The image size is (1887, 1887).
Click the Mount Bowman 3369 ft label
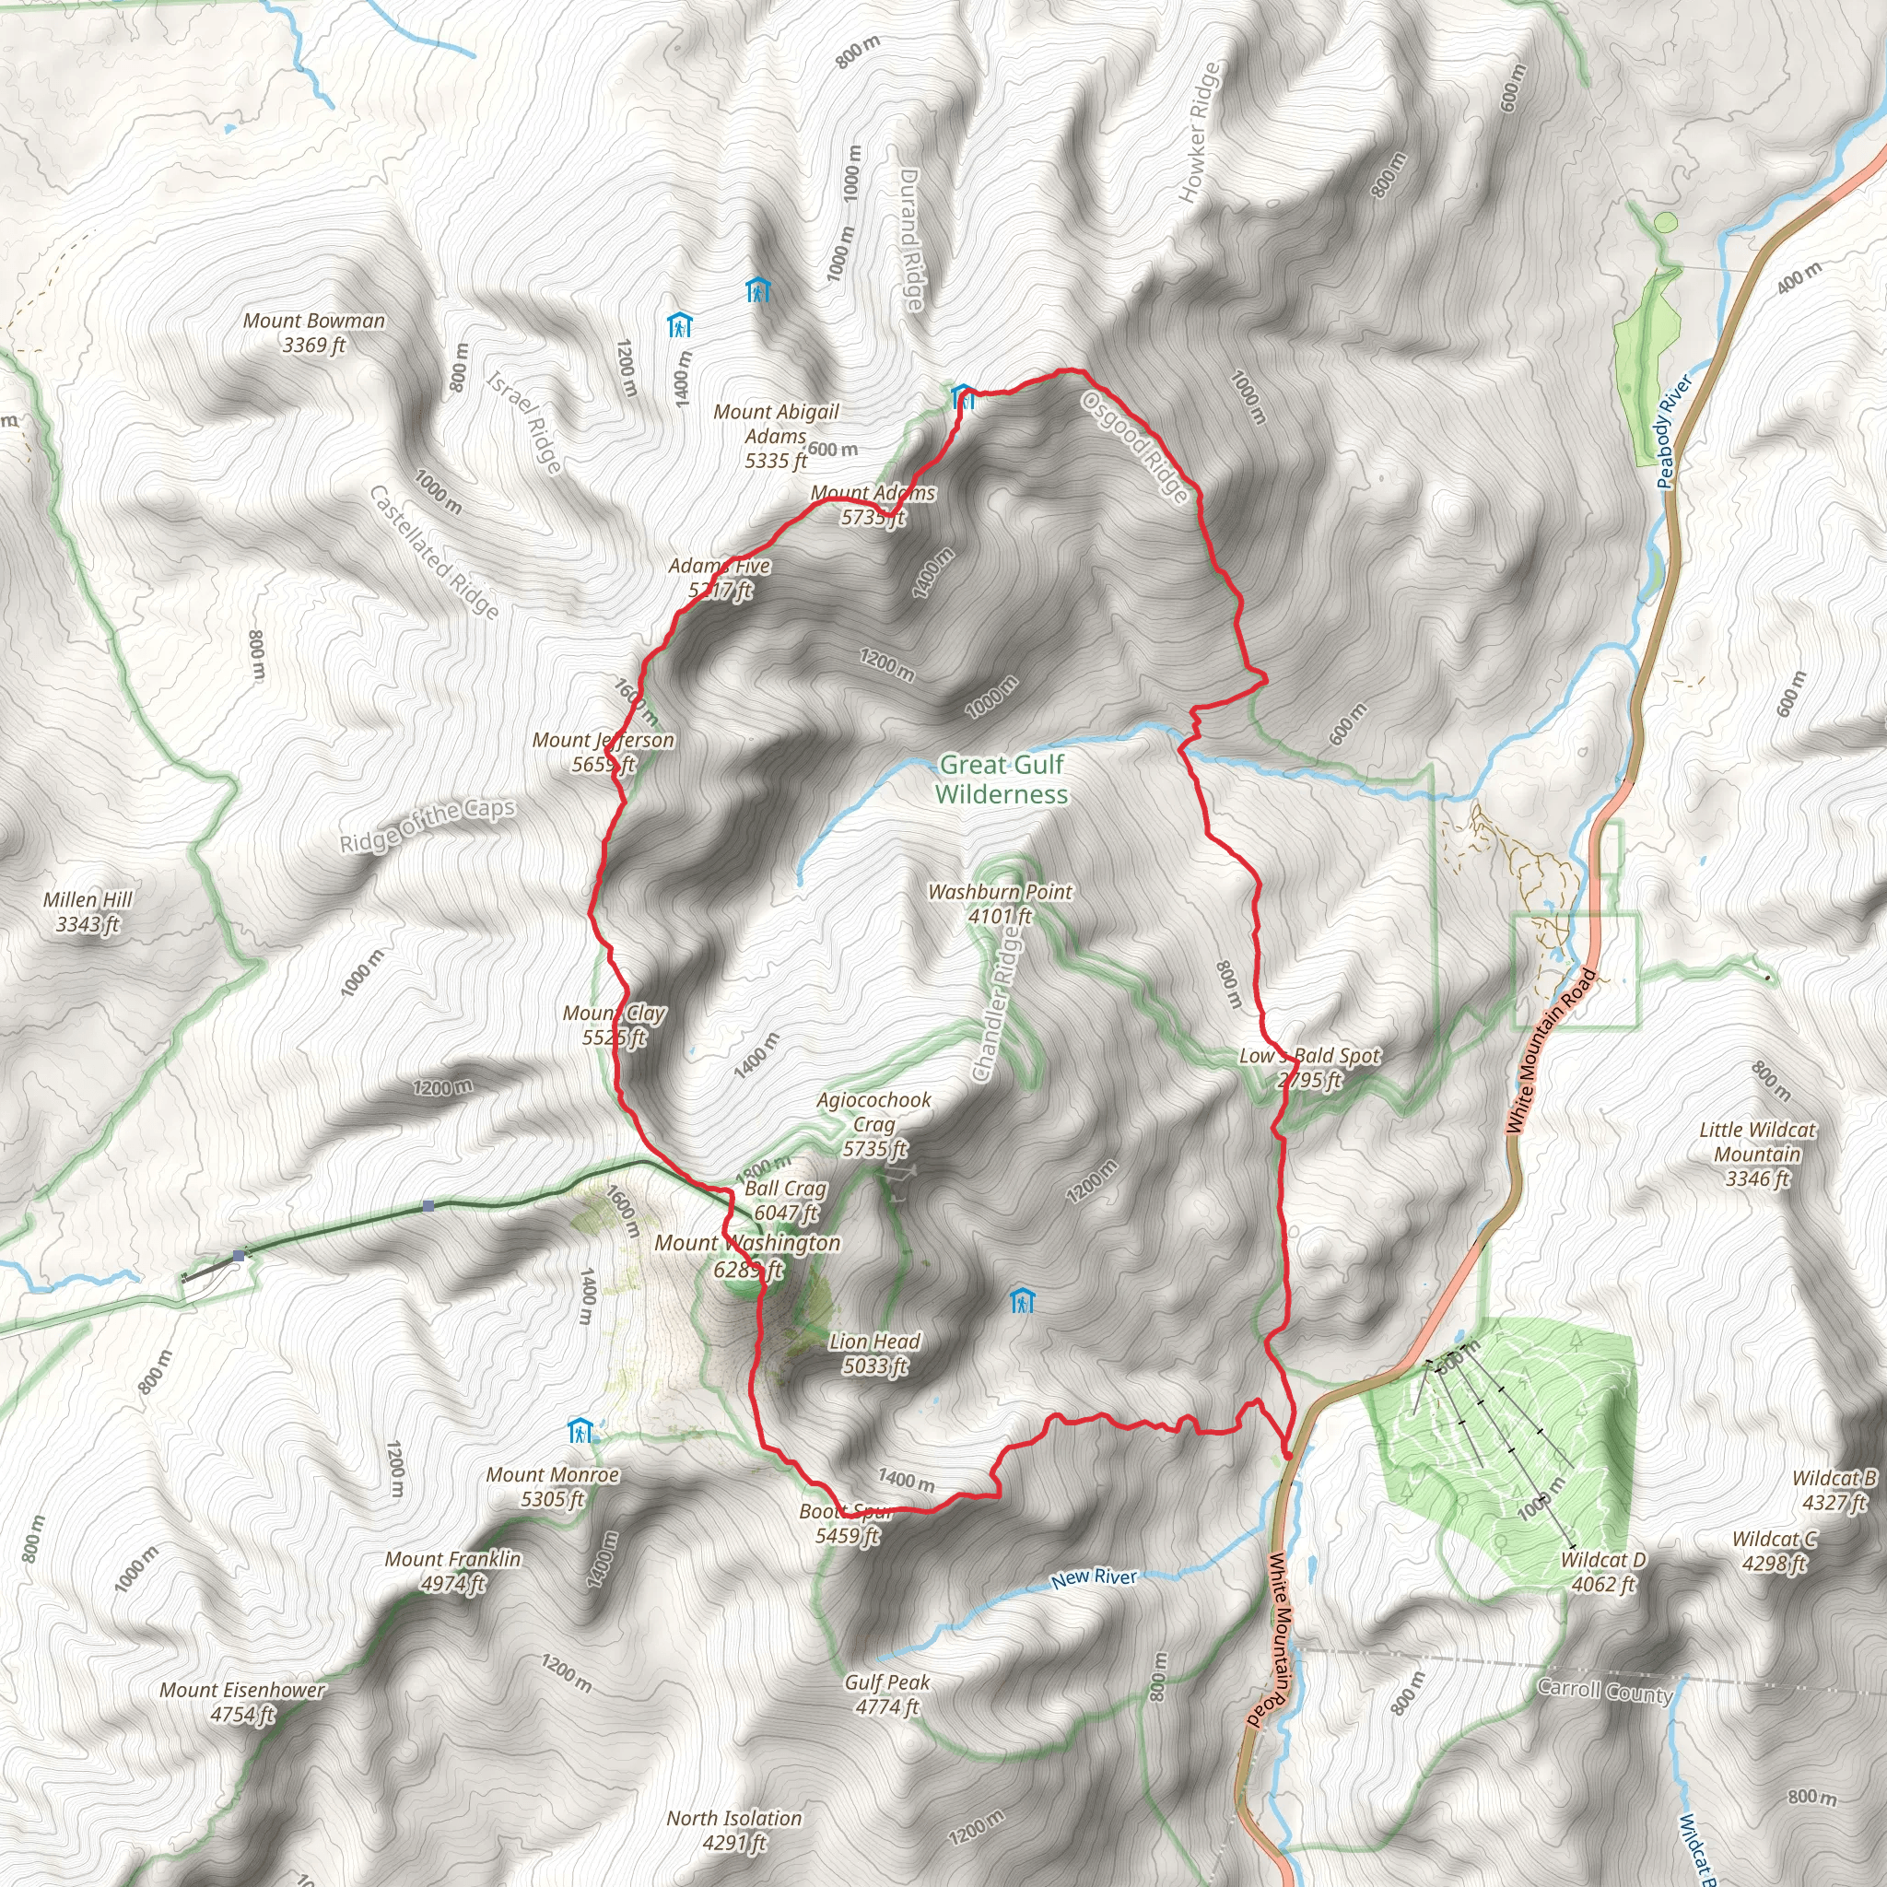point(313,332)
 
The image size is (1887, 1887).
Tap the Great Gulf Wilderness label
point(1002,779)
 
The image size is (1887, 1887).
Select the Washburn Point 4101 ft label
point(1000,904)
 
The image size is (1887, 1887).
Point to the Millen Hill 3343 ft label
point(88,911)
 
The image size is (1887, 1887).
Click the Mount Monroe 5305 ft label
point(553,1486)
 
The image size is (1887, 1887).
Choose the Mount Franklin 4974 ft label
point(452,1571)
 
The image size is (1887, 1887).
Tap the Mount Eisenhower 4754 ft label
point(242,1702)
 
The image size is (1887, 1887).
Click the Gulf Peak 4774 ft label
point(887,1694)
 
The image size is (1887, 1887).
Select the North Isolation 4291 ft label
point(733,1829)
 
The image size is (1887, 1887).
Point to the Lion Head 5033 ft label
point(874,1354)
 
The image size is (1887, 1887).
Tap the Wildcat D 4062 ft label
point(1603,1572)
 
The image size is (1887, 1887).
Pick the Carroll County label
point(1605,1690)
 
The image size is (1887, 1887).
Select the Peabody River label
point(1673,432)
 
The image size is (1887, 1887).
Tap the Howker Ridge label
point(1200,132)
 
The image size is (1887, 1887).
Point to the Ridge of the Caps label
point(427,825)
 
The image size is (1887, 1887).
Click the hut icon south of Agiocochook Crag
point(1022,1300)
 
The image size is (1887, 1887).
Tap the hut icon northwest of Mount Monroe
point(580,1431)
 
